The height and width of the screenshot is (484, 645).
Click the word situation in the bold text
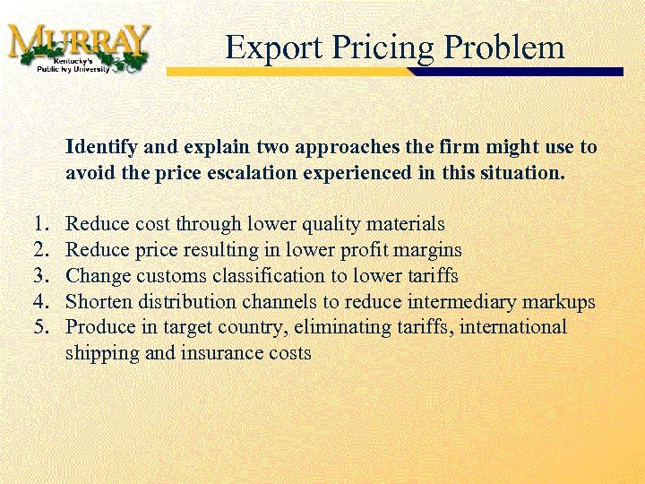523,172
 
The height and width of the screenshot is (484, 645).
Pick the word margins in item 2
429,249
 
